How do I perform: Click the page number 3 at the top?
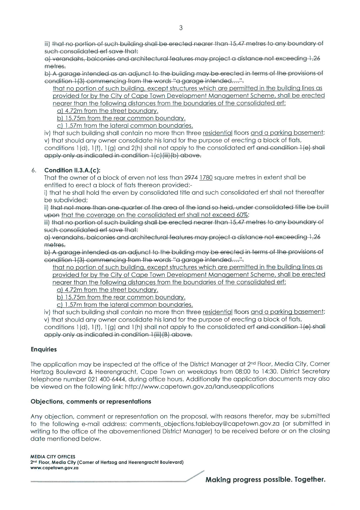point(181,28)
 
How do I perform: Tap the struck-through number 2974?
point(191,178)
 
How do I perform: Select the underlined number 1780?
point(206,178)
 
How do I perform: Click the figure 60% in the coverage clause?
point(242,215)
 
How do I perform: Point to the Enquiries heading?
point(44,349)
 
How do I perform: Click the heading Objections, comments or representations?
point(91,402)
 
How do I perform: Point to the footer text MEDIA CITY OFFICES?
point(53,457)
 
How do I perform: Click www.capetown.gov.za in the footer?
point(54,468)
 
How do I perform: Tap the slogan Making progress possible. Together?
point(265,480)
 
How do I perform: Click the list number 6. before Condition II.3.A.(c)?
point(34,170)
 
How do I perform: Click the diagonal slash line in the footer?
point(195,476)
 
